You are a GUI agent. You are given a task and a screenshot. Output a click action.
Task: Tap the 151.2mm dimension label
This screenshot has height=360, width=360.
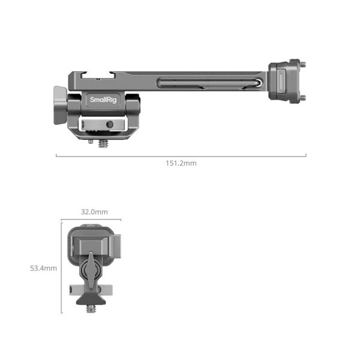click(x=181, y=163)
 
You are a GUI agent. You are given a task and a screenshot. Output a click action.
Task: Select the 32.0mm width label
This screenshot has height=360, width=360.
click(x=94, y=212)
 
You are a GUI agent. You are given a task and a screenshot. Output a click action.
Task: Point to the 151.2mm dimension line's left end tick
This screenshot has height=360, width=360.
click(x=56, y=155)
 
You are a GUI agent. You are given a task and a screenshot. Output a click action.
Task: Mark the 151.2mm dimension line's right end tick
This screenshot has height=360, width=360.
click(x=306, y=155)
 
